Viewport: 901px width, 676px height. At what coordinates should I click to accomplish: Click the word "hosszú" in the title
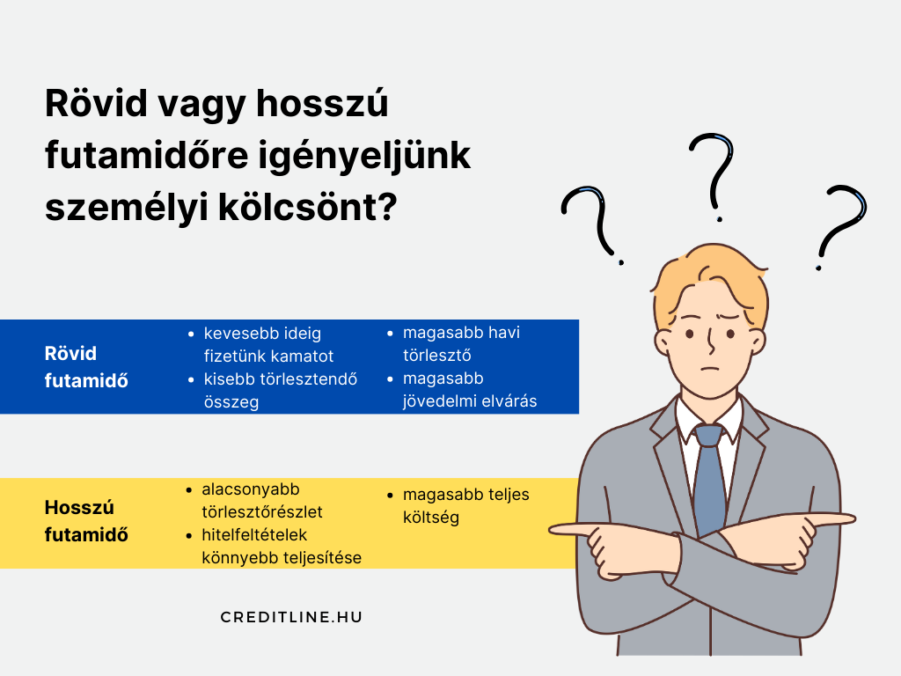(x=322, y=104)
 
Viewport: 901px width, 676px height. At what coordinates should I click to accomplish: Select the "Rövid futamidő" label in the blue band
(x=86, y=367)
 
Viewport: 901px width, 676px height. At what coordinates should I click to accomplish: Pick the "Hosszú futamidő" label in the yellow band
(x=86, y=521)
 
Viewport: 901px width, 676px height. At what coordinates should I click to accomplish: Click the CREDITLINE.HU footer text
(x=291, y=617)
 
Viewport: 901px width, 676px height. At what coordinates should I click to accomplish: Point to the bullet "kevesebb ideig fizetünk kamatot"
(x=268, y=344)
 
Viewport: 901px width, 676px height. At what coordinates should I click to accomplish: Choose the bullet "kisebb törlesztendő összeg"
(x=273, y=390)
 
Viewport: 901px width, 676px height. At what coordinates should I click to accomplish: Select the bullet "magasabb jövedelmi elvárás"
(x=462, y=390)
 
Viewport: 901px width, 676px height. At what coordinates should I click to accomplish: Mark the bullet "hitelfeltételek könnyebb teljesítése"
(x=274, y=546)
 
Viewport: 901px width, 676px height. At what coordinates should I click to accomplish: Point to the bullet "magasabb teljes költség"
(x=458, y=506)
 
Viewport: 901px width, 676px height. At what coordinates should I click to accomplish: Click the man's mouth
(x=711, y=369)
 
